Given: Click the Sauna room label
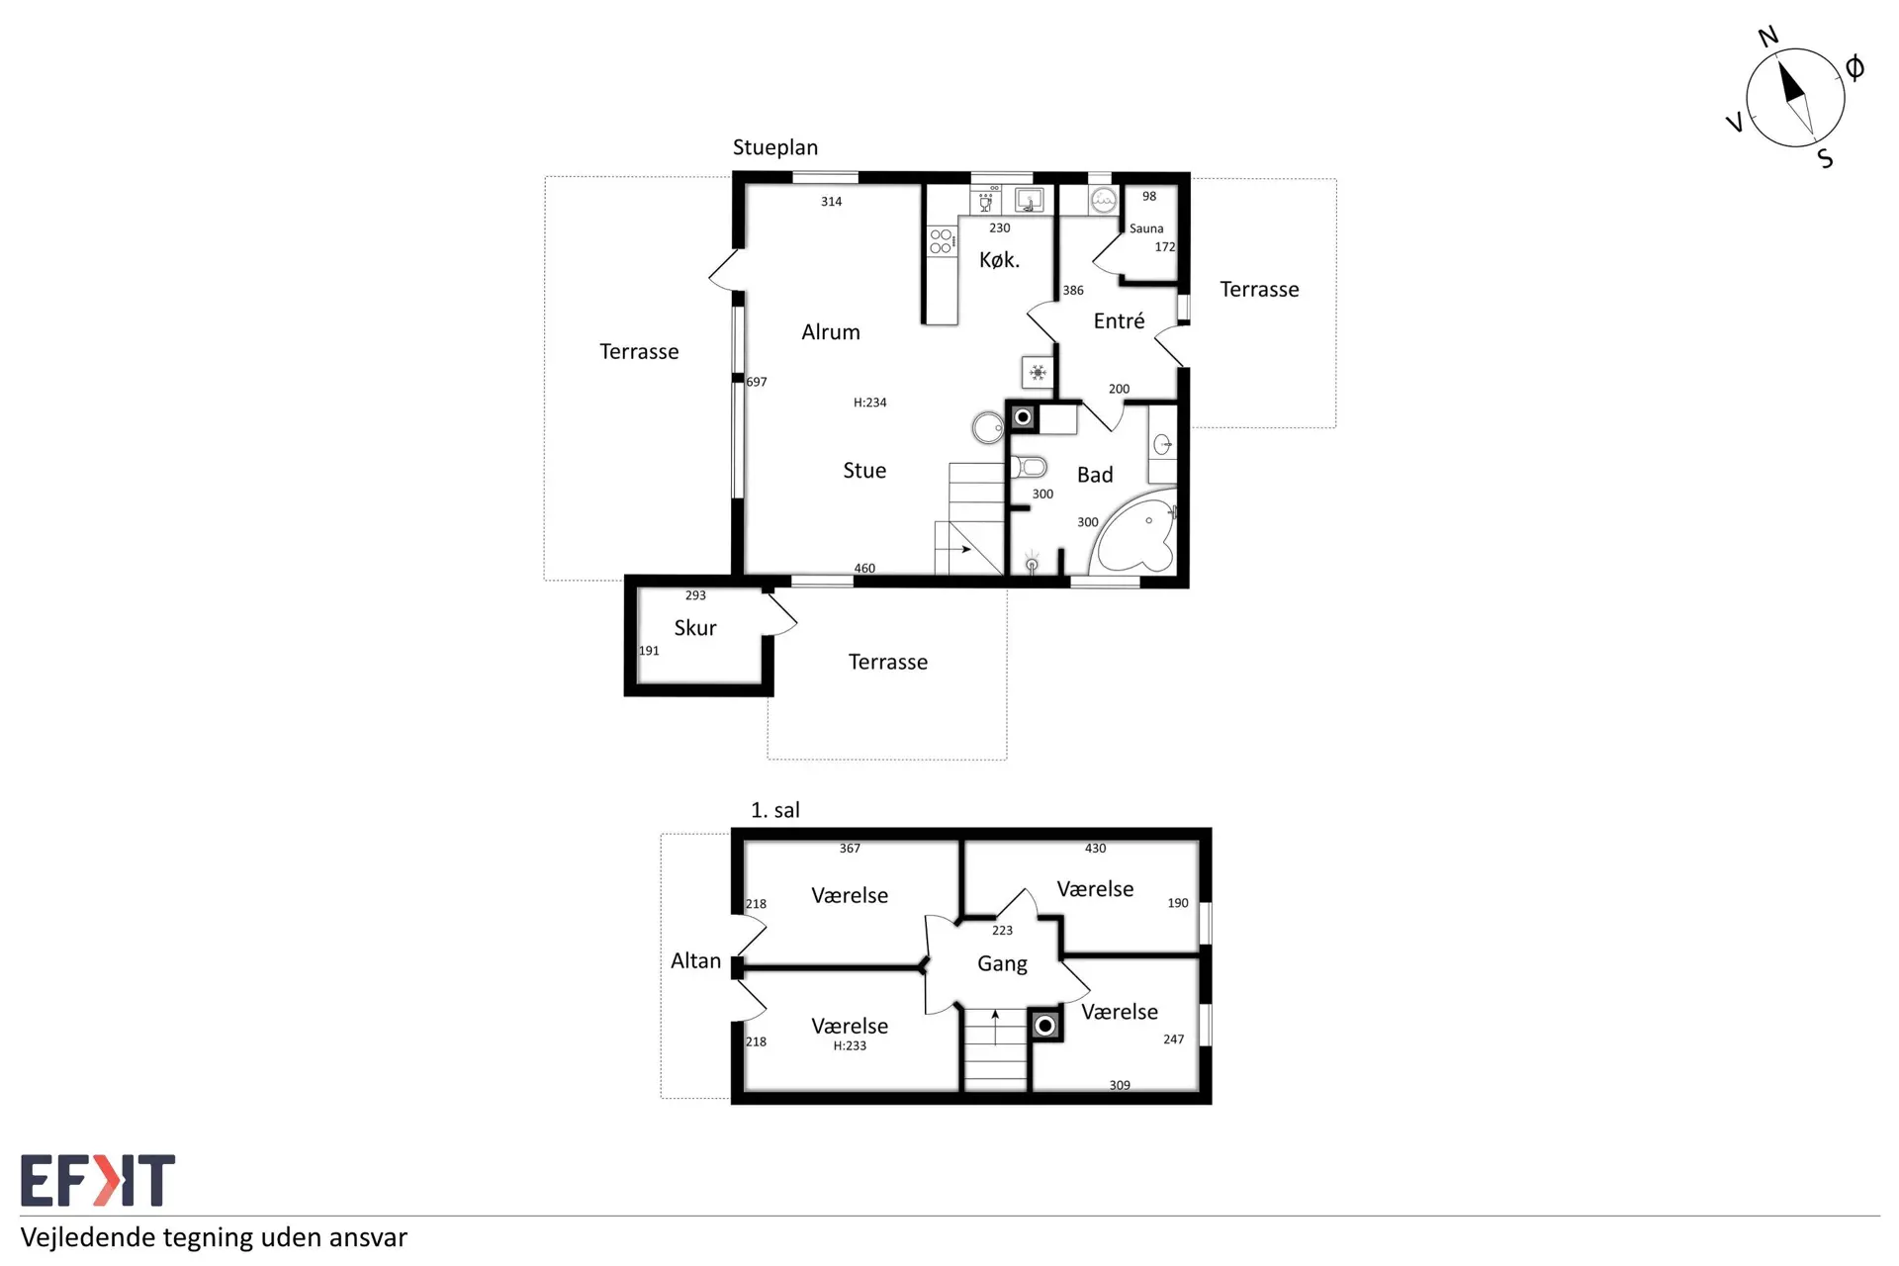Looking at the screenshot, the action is coord(1146,228).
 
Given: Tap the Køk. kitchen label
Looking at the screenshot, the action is coord(999,260).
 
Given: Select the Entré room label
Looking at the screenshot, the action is coord(1119,320).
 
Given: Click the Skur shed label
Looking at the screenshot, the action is coord(695,628).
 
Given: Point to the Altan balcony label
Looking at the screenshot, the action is coord(695,960).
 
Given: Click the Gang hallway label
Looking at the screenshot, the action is coord(1002,963).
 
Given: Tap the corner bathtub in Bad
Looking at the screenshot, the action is coord(1134,531).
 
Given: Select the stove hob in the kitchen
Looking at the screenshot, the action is coord(942,241).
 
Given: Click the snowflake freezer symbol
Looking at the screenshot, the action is coord(1038,373).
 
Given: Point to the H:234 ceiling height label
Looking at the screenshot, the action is coord(870,403).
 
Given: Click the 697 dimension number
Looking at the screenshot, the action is coord(757,382).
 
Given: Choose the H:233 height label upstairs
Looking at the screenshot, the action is coord(850,1046).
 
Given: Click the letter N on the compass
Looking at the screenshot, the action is coord(1768,37).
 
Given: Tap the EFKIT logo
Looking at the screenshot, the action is coord(98,1180).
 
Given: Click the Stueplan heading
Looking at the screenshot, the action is coord(775,147).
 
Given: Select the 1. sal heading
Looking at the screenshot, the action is coord(775,810).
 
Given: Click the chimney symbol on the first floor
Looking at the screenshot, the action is coord(1045,1026).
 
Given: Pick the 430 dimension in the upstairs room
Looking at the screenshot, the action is coord(1095,849).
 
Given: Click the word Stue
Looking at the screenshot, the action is coord(864,471).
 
